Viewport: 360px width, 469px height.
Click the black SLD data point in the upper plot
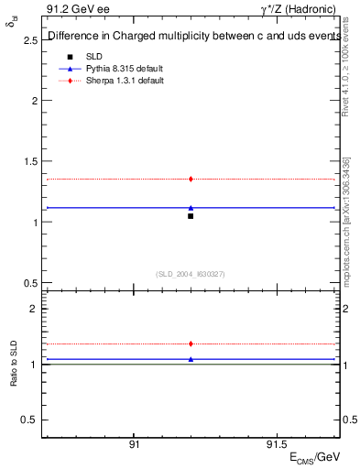[x=191, y=216]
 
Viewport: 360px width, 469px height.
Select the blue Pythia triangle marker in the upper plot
[x=191, y=208]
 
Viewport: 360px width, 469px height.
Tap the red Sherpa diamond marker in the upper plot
[x=191, y=179]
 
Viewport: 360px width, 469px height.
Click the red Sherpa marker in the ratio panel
[x=191, y=344]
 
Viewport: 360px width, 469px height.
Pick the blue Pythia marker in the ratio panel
[x=191, y=359]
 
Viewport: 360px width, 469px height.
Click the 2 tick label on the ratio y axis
[x=34, y=310]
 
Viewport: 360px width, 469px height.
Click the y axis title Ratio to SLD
[x=14, y=364]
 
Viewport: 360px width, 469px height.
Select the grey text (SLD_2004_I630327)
[x=191, y=274]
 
